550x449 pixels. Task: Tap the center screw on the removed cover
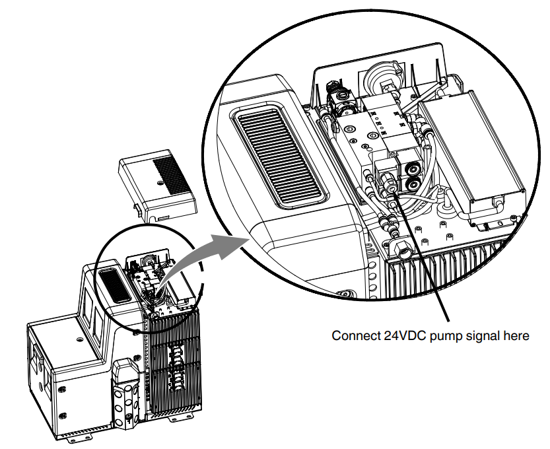[x=160, y=183]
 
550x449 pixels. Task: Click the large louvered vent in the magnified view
[x=279, y=156]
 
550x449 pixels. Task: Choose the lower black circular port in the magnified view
[x=413, y=184]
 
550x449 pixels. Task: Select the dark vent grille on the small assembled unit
[x=114, y=285]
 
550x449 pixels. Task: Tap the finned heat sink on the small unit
[x=175, y=361]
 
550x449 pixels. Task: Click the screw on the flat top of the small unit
[x=80, y=339]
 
